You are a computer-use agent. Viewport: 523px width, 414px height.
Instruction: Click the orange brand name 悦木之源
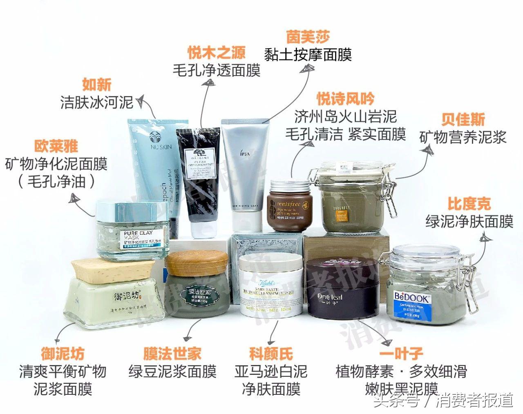pyautogui.click(x=217, y=53)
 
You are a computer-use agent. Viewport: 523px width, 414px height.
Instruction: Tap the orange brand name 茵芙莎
pyautogui.click(x=308, y=37)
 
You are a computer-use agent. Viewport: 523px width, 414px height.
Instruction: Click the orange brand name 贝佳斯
pyautogui.click(x=463, y=120)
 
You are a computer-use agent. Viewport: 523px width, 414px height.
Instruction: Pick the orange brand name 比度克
pyautogui.click(x=469, y=204)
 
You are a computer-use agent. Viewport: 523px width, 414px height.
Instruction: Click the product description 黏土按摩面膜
pyautogui.click(x=308, y=55)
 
